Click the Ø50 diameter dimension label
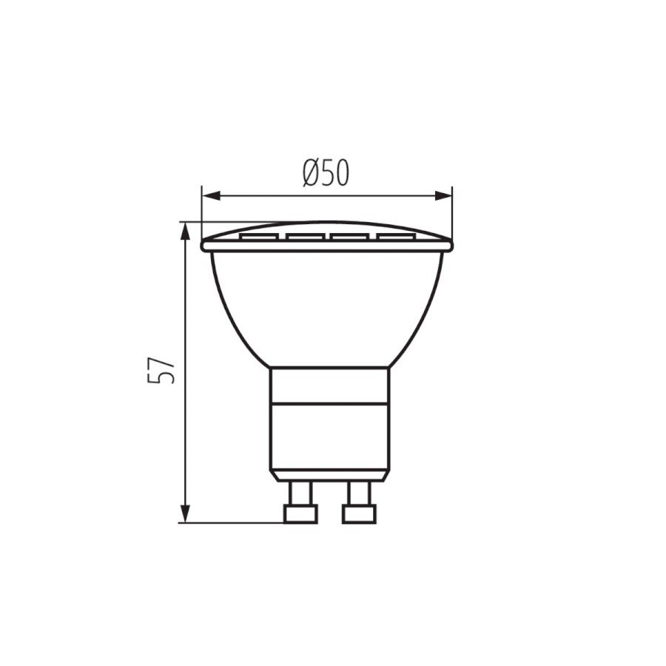tap(326, 173)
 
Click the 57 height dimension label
tap(161, 370)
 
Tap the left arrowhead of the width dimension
tap(211, 196)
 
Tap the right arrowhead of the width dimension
tap(443, 196)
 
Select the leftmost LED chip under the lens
tap(259, 237)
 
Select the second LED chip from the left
tap(305, 237)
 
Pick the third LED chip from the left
tap(350, 237)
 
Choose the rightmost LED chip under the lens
tap(395, 237)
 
